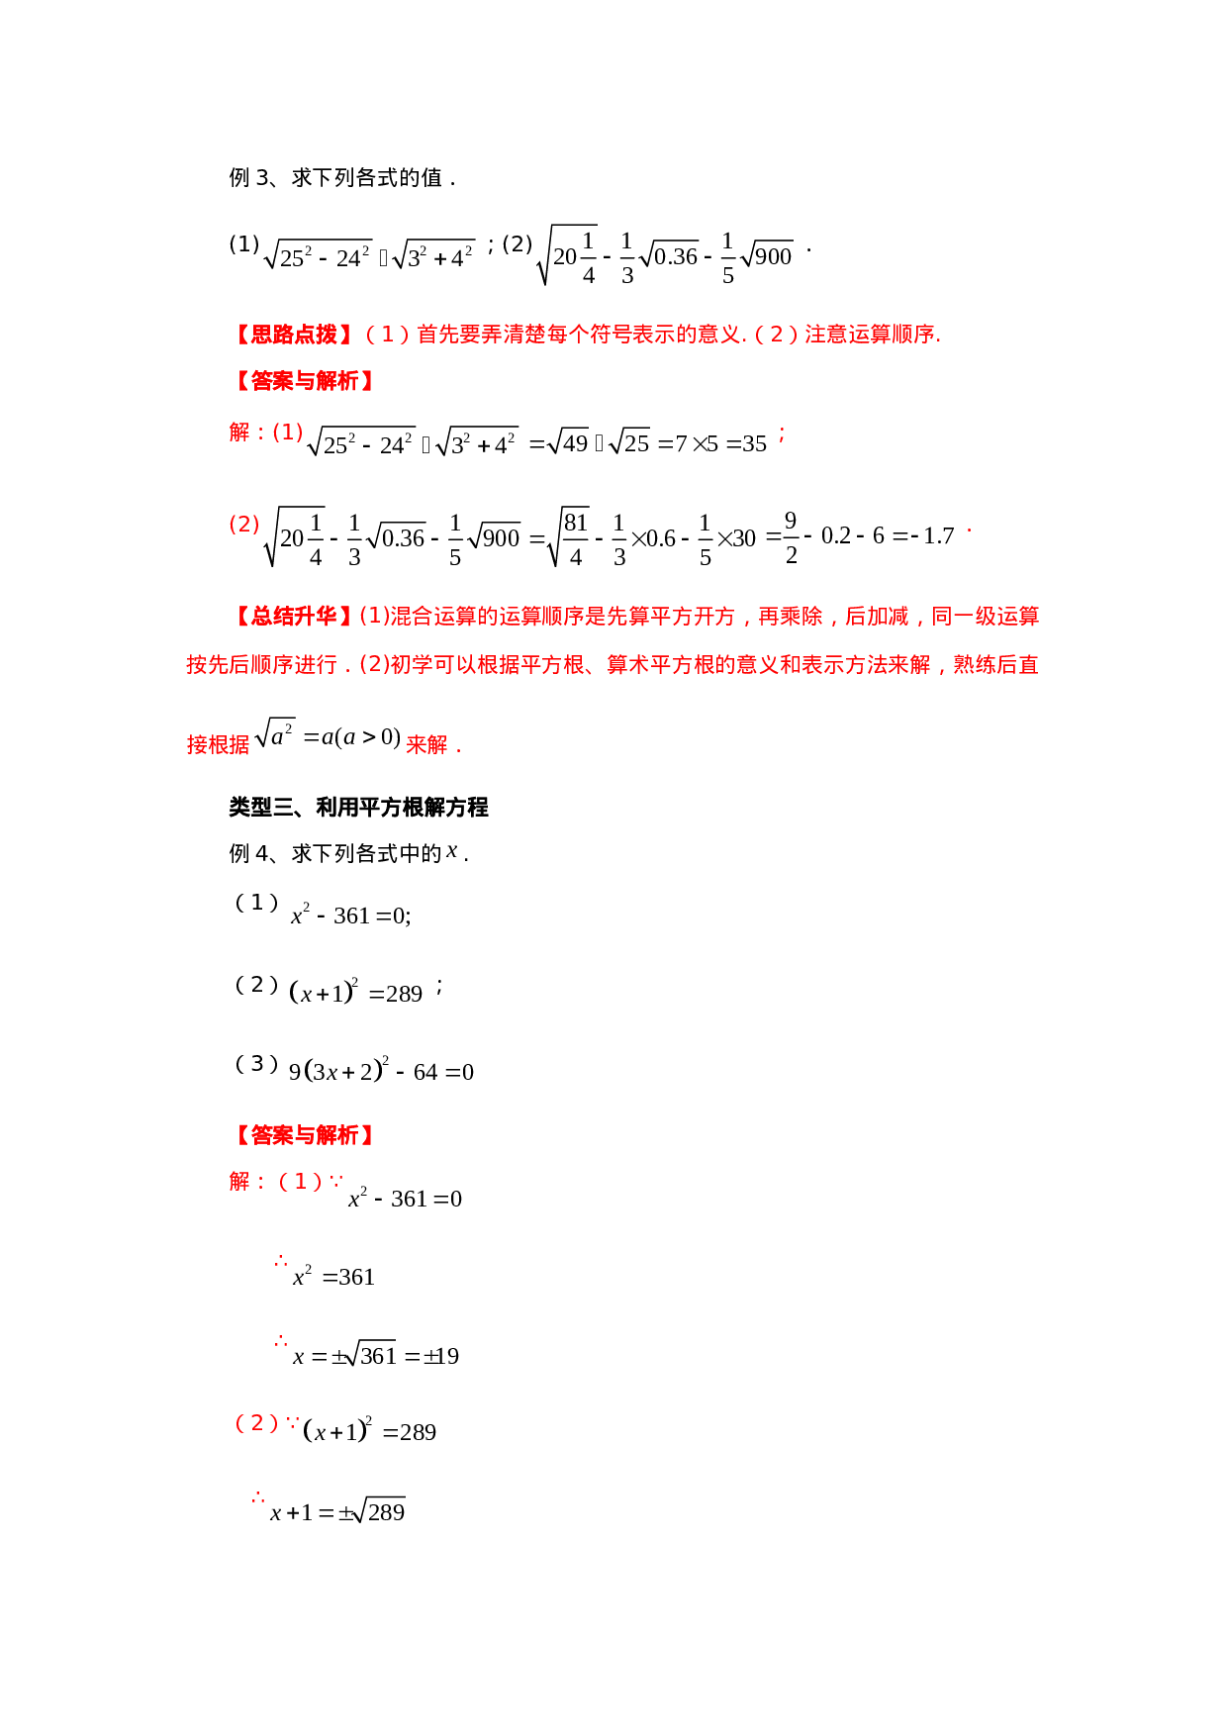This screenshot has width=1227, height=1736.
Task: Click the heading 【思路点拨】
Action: pos(294,335)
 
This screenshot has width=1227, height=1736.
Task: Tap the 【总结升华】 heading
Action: pos(294,617)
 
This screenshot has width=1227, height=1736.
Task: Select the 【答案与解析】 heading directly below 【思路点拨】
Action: pos(304,381)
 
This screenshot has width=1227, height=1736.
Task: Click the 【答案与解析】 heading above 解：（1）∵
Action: pos(304,1135)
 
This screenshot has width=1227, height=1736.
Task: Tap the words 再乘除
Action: pos(790,617)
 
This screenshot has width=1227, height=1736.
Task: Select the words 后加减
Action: pos(877,617)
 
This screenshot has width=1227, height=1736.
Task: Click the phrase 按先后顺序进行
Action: pos(261,665)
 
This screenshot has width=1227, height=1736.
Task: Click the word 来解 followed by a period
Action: pos(426,744)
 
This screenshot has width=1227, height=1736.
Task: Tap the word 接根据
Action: pos(218,744)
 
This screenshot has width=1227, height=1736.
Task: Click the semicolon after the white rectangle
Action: pos(782,434)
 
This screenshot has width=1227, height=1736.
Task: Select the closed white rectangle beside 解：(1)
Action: pos(646,441)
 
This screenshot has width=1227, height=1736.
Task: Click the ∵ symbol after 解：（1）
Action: pos(336,1182)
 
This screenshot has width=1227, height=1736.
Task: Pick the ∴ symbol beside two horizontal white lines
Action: pos(281,1261)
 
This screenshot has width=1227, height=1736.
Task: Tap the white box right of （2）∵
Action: pos(371,1431)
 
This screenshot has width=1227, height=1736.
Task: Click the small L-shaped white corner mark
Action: pos(450,853)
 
